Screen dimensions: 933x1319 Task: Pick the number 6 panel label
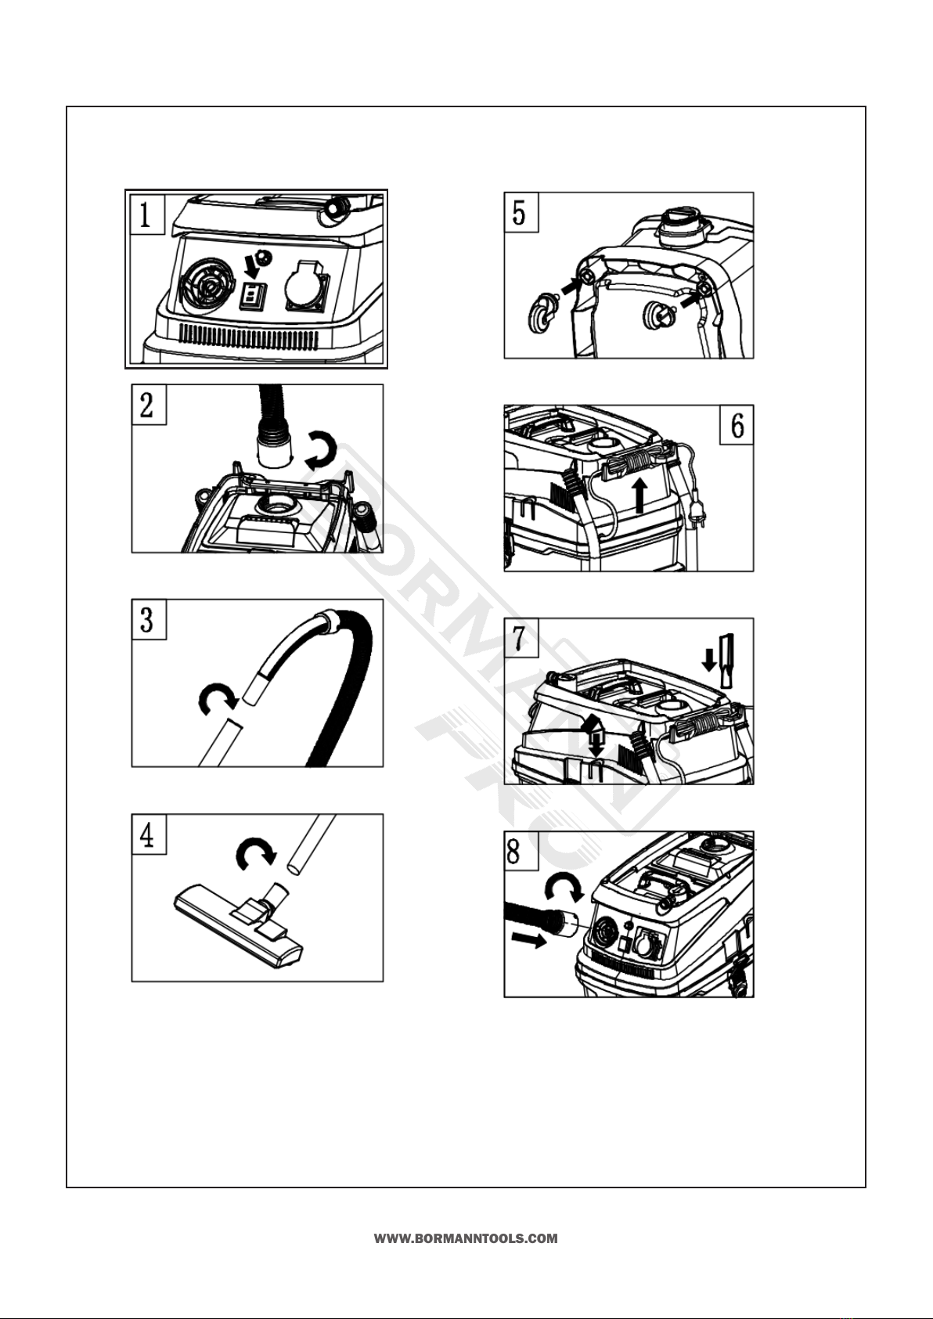coord(737,425)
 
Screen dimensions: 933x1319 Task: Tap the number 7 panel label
coord(521,639)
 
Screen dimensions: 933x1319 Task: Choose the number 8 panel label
coord(521,852)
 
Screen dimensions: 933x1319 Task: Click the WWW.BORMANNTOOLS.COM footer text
coord(466,1239)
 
